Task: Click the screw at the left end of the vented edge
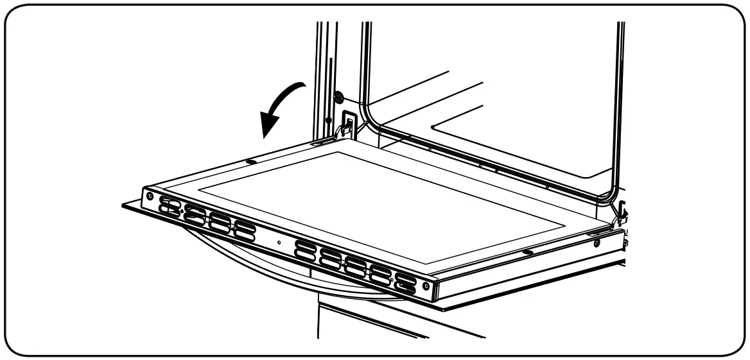point(150,195)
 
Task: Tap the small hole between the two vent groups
point(278,242)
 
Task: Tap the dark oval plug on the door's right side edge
point(527,253)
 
